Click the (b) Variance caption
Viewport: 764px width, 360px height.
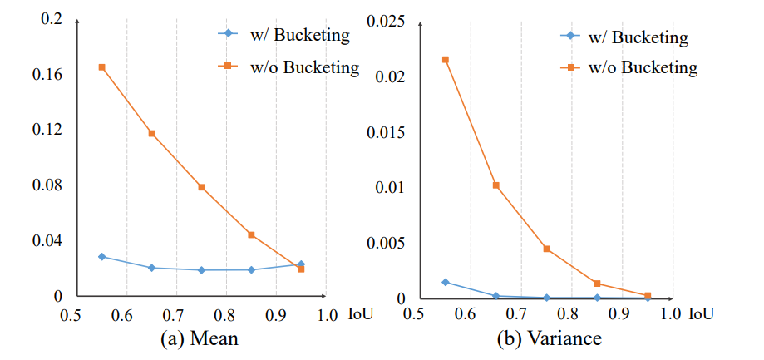tap(545, 338)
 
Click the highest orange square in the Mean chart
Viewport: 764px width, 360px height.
tap(101, 67)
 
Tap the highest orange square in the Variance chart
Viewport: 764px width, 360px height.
tap(446, 60)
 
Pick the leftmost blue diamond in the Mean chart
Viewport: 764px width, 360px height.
tap(101, 256)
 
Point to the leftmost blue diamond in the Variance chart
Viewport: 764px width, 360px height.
tap(446, 282)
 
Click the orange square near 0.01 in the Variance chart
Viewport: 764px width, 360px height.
tap(496, 185)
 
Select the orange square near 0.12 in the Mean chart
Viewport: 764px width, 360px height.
tap(151, 133)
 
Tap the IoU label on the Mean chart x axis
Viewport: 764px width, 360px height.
tap(358, 314)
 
